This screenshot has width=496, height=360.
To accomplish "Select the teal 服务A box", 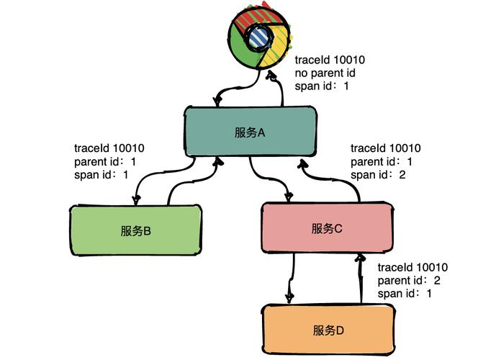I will [x=250, y=132].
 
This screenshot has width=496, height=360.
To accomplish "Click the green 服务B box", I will [x=136, y=230].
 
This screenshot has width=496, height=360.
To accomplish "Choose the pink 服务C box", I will [x=327, y=228].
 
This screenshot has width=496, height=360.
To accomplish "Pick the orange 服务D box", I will [x=329, y=330].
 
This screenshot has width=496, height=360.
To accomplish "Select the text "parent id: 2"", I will [x=409, y=280].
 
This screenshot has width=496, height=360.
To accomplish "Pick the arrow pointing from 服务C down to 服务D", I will [x=291, y=277].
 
